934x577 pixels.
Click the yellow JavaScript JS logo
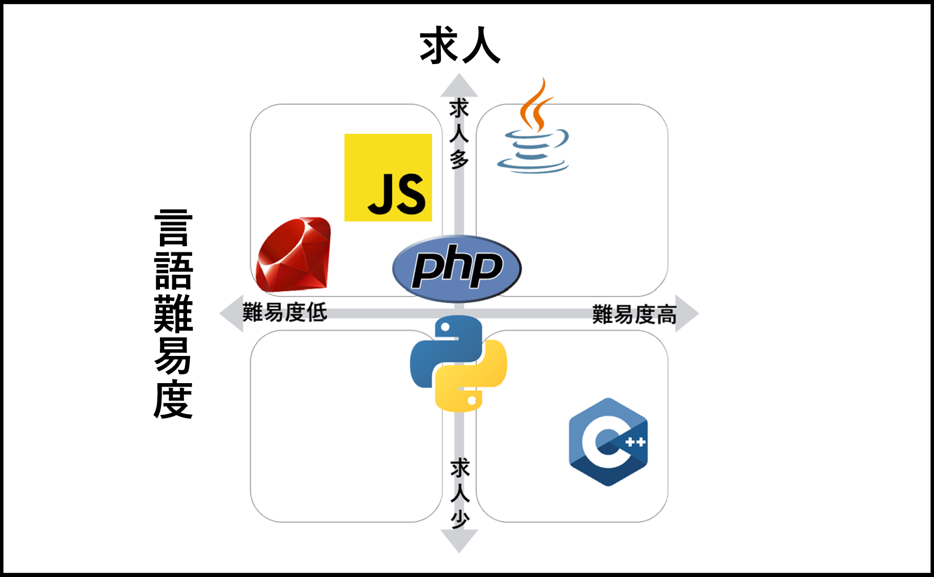point(388,177)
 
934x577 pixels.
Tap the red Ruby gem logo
point(294,255)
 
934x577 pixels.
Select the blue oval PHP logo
point(457,268)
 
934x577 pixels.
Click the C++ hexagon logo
point(608,442)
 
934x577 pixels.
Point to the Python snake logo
point(458,364)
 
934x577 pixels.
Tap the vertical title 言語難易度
point(173,314)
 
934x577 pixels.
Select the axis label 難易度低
point(285,312)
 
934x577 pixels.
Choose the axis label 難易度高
point(634,314)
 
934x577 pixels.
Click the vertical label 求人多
point(459,133)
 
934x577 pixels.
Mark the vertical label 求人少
point(460,493)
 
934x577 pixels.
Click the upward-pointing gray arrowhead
point(459,86)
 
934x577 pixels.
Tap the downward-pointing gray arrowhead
point(459,541)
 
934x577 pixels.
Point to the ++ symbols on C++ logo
point(636,442)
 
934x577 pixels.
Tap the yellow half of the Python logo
point(479,382)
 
